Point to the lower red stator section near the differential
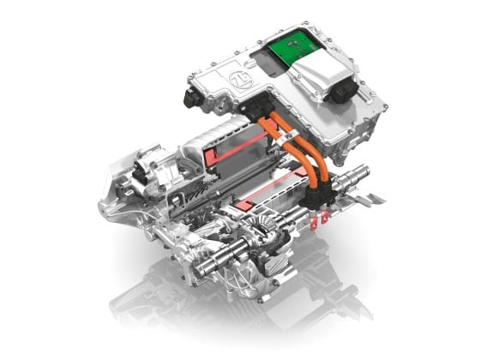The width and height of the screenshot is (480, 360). [x=257, y=203]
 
